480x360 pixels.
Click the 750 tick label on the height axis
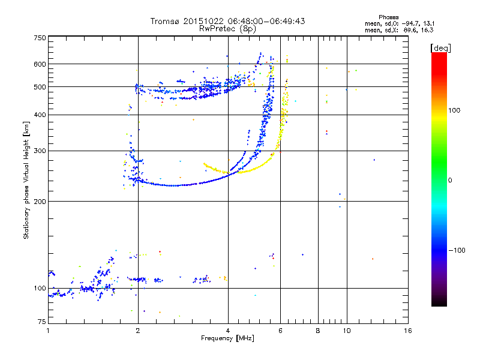pyautogui.click(x=40, y=37)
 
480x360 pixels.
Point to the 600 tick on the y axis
pyautogui.click(x=40, y=64)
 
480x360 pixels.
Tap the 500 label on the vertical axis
pyautogui.click(x=40, y=86)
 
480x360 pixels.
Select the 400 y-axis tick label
pyautogui.click(x=40, y=115)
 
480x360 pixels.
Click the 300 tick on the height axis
pyautogui.click(x=40, y=151)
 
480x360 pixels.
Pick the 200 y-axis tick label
pyautogui.click(x=40, y=201)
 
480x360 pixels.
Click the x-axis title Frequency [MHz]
pyautogui.click(x=228, y=339)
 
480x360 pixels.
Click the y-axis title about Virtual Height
pyautogui.click(x=27, y=181)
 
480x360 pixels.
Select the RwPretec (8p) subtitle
pyautogui.click(x=228, y=28)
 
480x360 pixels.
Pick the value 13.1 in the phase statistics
pyautogui.click(x=427, y=23)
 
